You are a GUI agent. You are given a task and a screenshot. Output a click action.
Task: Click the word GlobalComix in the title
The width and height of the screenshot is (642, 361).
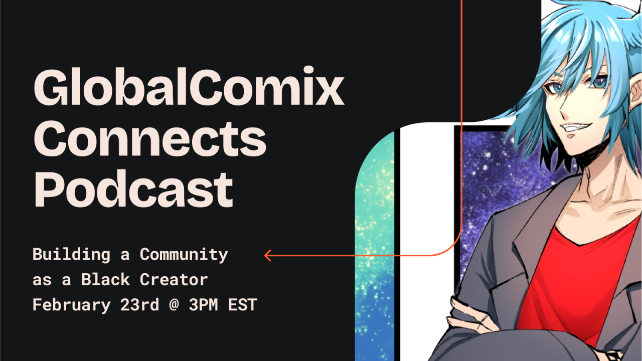[189, 87]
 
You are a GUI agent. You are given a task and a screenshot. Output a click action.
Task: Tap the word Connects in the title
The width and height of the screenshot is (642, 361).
[150, 139]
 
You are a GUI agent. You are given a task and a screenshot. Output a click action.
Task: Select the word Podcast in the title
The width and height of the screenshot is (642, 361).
[133, 188]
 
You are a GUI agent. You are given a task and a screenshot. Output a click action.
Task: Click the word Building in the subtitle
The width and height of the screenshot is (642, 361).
[71, 255]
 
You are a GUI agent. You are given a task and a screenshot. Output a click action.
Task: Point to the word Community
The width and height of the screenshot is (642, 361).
[184, 255]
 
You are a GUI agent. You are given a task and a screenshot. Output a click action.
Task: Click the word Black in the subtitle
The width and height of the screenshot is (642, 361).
[105, 280]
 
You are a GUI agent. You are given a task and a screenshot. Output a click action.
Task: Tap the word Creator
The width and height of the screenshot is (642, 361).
[174, 280]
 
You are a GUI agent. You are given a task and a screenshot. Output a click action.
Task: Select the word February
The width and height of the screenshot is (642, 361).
[71, 305]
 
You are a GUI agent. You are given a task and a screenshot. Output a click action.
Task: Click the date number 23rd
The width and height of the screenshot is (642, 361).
[139, 304]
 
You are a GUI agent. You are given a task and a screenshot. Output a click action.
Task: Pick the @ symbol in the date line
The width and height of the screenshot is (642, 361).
[174, 305]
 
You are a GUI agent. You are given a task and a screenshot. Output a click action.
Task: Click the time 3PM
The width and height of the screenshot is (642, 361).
[203, 304]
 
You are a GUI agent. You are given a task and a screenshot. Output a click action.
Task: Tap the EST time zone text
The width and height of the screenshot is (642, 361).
[242, 304]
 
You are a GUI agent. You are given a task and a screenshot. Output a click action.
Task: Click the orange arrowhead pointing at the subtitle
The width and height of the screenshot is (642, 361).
[268, 256]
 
